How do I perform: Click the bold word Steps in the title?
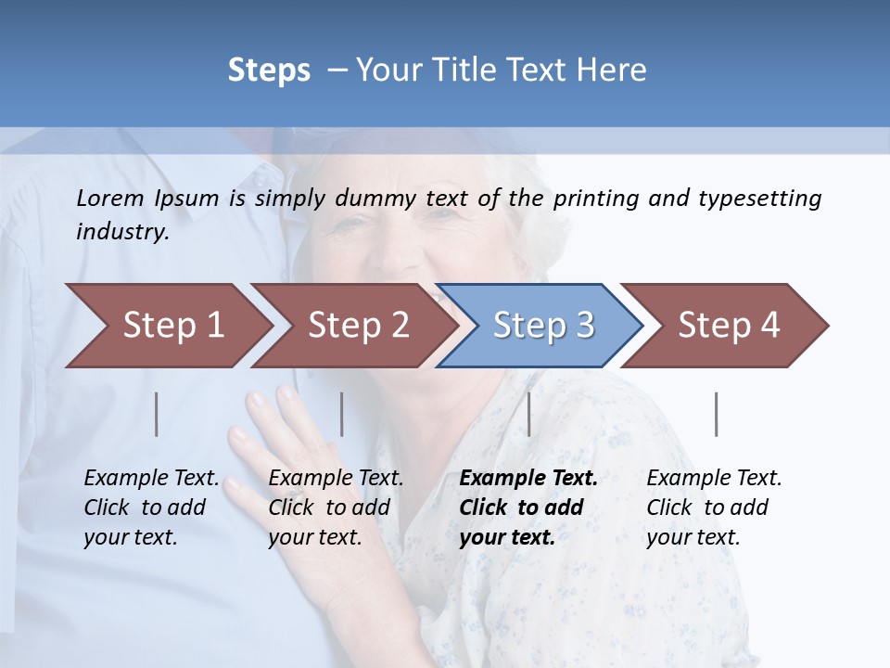pos(269,71)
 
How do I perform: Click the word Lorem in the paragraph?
pos(110,198)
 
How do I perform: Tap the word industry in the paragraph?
pos(121,232)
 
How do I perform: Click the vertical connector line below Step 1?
pos(157,414)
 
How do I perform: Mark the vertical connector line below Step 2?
pos(342,414)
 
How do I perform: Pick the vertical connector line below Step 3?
pos(528,414)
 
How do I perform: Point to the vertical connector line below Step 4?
pos(716,414)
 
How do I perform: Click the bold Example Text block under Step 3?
pos(528,507)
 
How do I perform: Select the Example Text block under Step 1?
pos(151,507)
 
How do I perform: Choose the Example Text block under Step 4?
pos(714,507)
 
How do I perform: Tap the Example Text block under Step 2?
pos(336,507)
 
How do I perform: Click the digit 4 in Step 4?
pos(769,326)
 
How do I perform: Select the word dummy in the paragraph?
pos(376,199)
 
